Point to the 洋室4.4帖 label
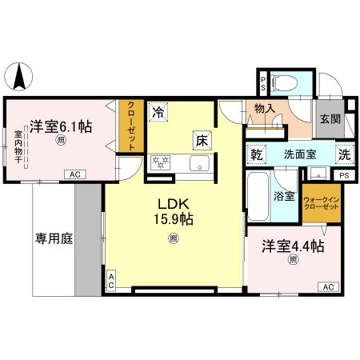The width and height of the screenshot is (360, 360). coord(292,246)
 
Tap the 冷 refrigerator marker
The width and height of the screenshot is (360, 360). coord(160,113)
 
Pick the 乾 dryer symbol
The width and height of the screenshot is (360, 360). coord(257,154)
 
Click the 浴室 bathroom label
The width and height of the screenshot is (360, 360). coord(286,194)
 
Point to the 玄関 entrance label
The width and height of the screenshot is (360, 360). coord(329,119)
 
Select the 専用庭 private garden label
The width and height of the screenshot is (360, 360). coord(53,238)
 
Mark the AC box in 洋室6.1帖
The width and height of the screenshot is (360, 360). coord(74,174)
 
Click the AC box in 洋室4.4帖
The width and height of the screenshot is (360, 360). coord(327,286)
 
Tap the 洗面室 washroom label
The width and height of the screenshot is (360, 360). coord(298,154)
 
